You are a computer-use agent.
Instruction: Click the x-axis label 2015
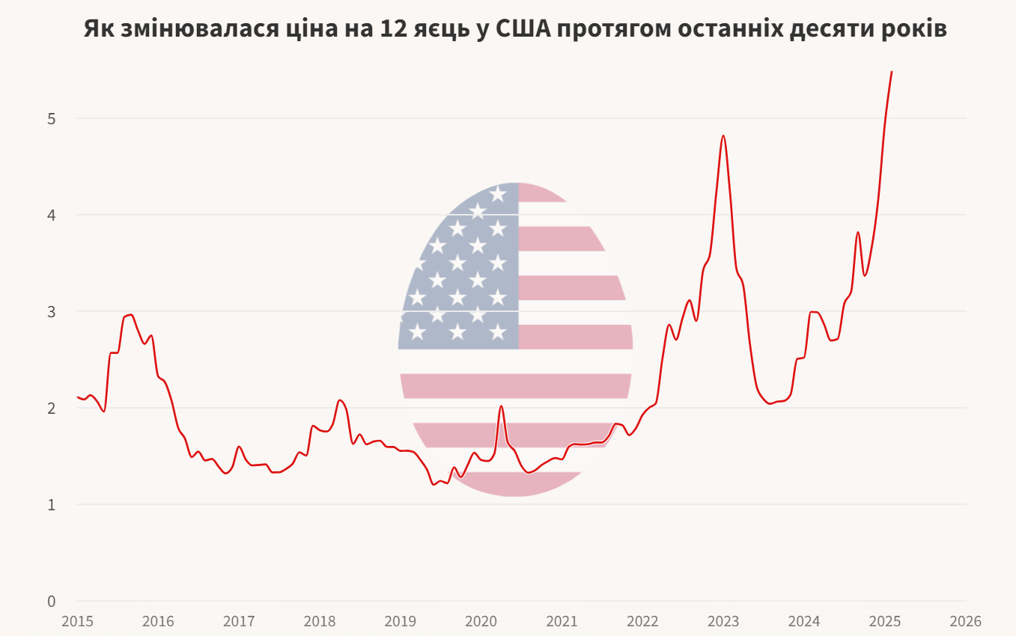coord(77,621)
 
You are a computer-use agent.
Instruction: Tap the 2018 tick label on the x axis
coord(320,621)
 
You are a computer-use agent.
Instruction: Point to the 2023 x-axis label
coord(723,621)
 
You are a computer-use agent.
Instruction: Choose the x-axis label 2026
coord(965,621)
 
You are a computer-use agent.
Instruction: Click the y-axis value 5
coord(52,118)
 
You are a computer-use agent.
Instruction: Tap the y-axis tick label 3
coord(52,311)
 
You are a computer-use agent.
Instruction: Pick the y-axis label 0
coord(52,601)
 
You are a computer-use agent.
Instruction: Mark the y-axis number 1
coord(52,504)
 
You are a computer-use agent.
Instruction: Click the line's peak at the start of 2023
coord(723,135)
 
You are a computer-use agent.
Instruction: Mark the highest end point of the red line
coord(892,72)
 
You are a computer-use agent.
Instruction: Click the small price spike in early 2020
coord(501,406)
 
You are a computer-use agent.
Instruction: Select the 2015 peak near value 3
coord(131,314)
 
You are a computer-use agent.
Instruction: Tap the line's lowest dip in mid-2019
coord(434,484)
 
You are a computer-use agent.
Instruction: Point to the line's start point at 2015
coord(78,397)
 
